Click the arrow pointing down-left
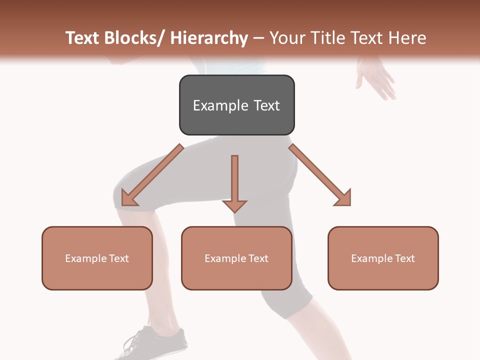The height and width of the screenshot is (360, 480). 152,175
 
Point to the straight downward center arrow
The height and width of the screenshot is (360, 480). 234,182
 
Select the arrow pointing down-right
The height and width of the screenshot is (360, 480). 320,175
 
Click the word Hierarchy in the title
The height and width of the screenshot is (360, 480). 209,38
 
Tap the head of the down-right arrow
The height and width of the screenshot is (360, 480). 343,198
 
